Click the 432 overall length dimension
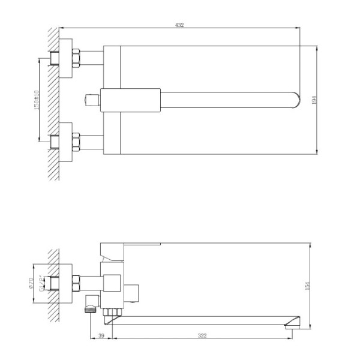(x=179, y=25)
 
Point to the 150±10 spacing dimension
(x=37, y=100)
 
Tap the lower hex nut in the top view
(x=77, y=142)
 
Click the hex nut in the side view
(x=77, y=281)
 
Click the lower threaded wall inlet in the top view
(x=55, y=142)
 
